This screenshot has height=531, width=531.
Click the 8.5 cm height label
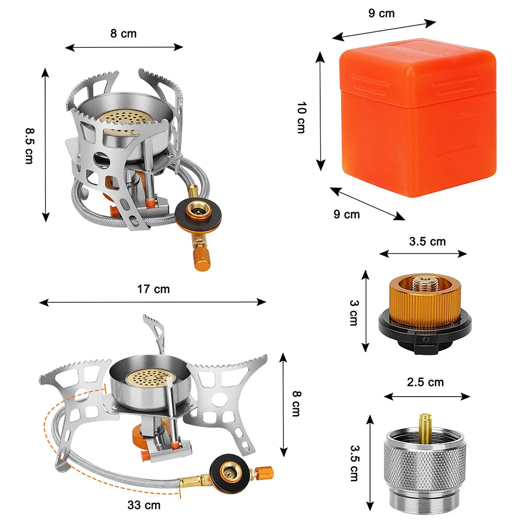(x=29, y=145)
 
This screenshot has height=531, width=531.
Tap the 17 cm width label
(x=153, y=289)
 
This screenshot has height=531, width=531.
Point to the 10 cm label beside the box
(x=301, y=117)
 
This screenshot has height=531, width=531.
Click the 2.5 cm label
(x=425, y=382)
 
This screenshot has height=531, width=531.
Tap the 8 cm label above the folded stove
(x=123, y=33)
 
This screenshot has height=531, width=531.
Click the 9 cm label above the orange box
(x=381, y=13)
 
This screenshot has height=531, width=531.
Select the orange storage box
(x=417, y=119)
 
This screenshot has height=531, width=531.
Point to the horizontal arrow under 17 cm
(x=153, y=302)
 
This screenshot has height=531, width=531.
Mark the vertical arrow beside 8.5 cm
(x=46, y=145)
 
